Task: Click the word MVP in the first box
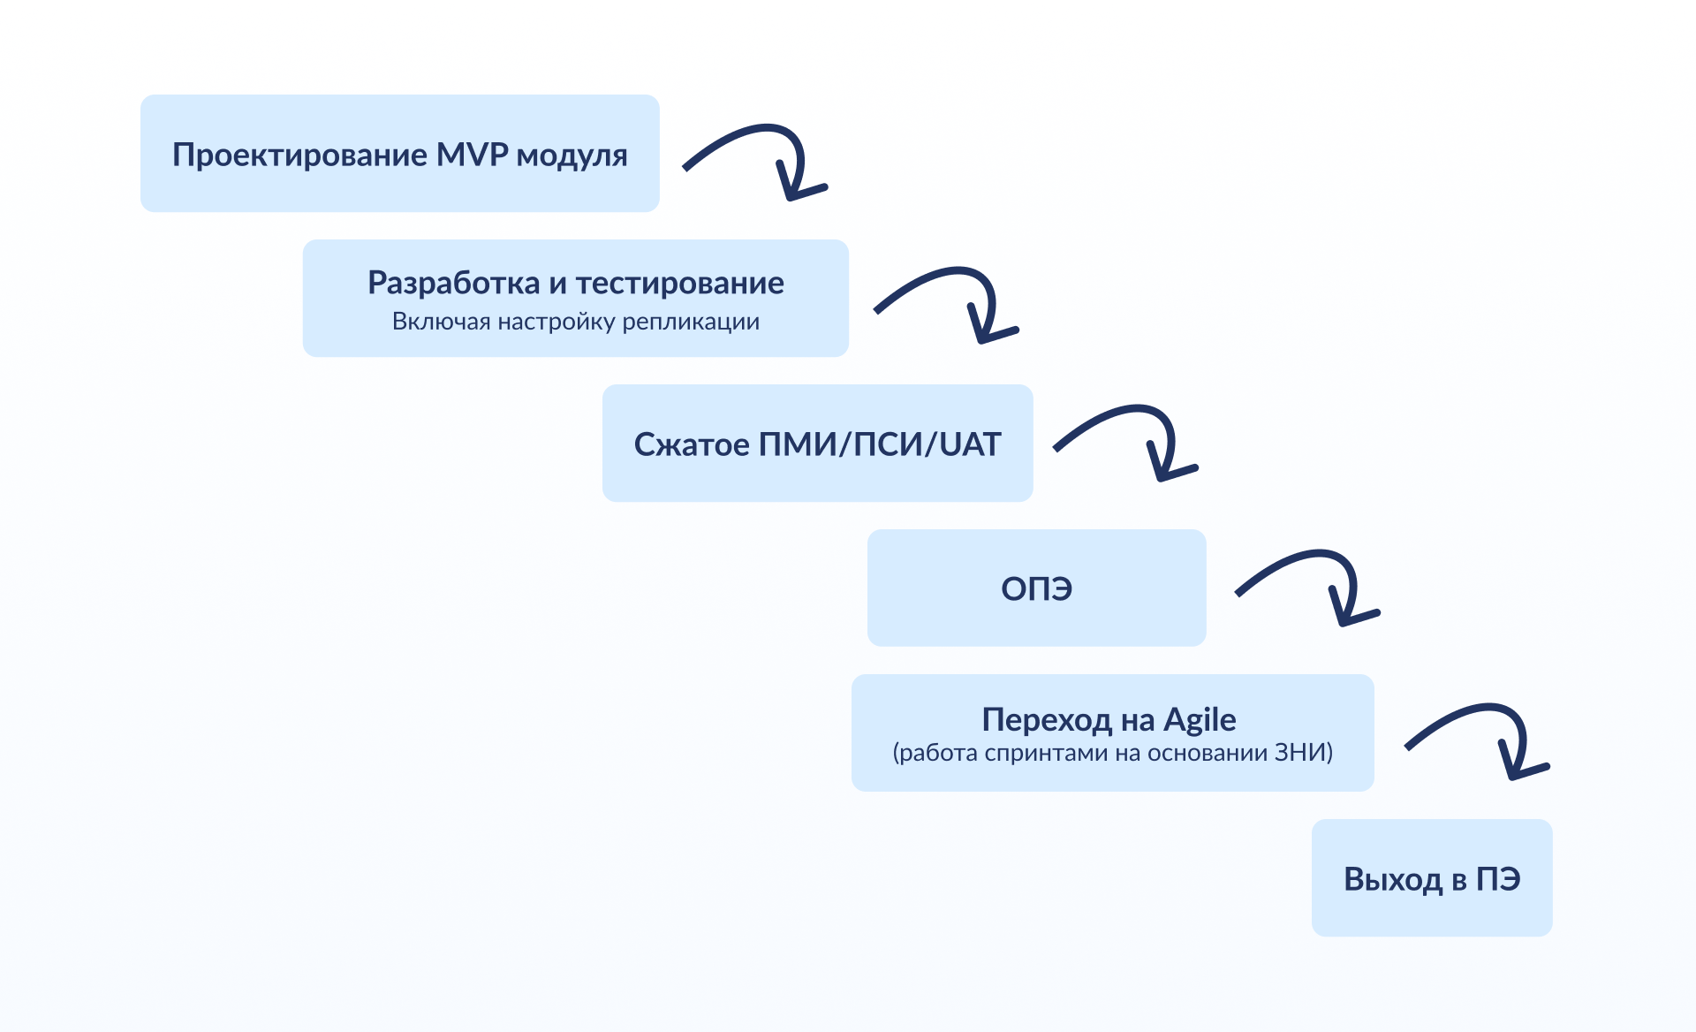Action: (473, 155)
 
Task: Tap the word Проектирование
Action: (299, 156)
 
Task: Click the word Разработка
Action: (453, 283)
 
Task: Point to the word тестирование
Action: (679, 283)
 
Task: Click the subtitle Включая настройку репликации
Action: (575, 322)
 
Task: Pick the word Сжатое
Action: (692, 444)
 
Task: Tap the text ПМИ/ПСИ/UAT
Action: (880, 444)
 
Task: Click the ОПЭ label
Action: (1036, 588)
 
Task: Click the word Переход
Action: (1047, 720)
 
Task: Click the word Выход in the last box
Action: (1392, 879)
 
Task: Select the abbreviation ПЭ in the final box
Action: (1498, 879)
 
